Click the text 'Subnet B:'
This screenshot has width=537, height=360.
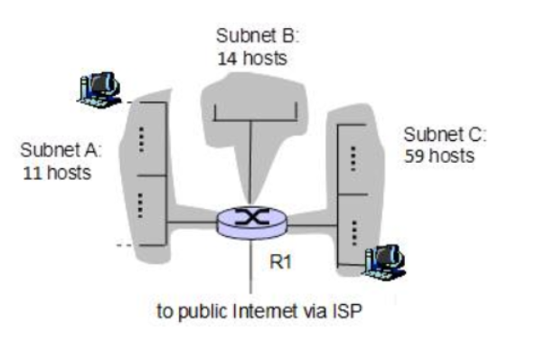257,36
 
